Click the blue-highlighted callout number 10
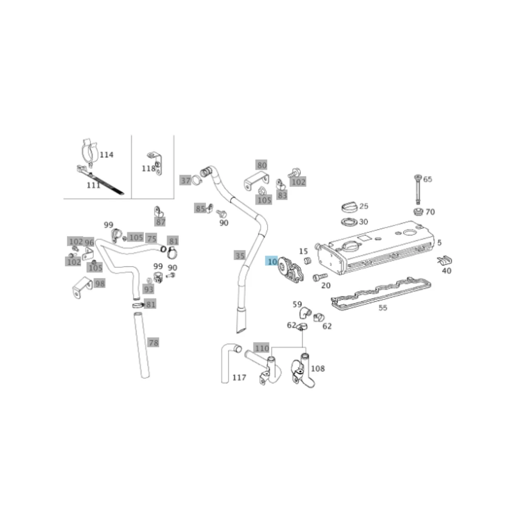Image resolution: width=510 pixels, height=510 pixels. point(272,262)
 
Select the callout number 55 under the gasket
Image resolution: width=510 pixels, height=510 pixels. point(382,308)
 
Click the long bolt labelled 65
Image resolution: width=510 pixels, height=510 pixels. point(418,189)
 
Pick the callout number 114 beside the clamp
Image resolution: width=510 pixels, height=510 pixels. point(106,155)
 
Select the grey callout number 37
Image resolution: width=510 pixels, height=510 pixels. point(185,181)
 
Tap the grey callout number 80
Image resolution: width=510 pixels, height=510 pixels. point(262,165)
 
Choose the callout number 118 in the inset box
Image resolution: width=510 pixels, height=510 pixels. point(148,169)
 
